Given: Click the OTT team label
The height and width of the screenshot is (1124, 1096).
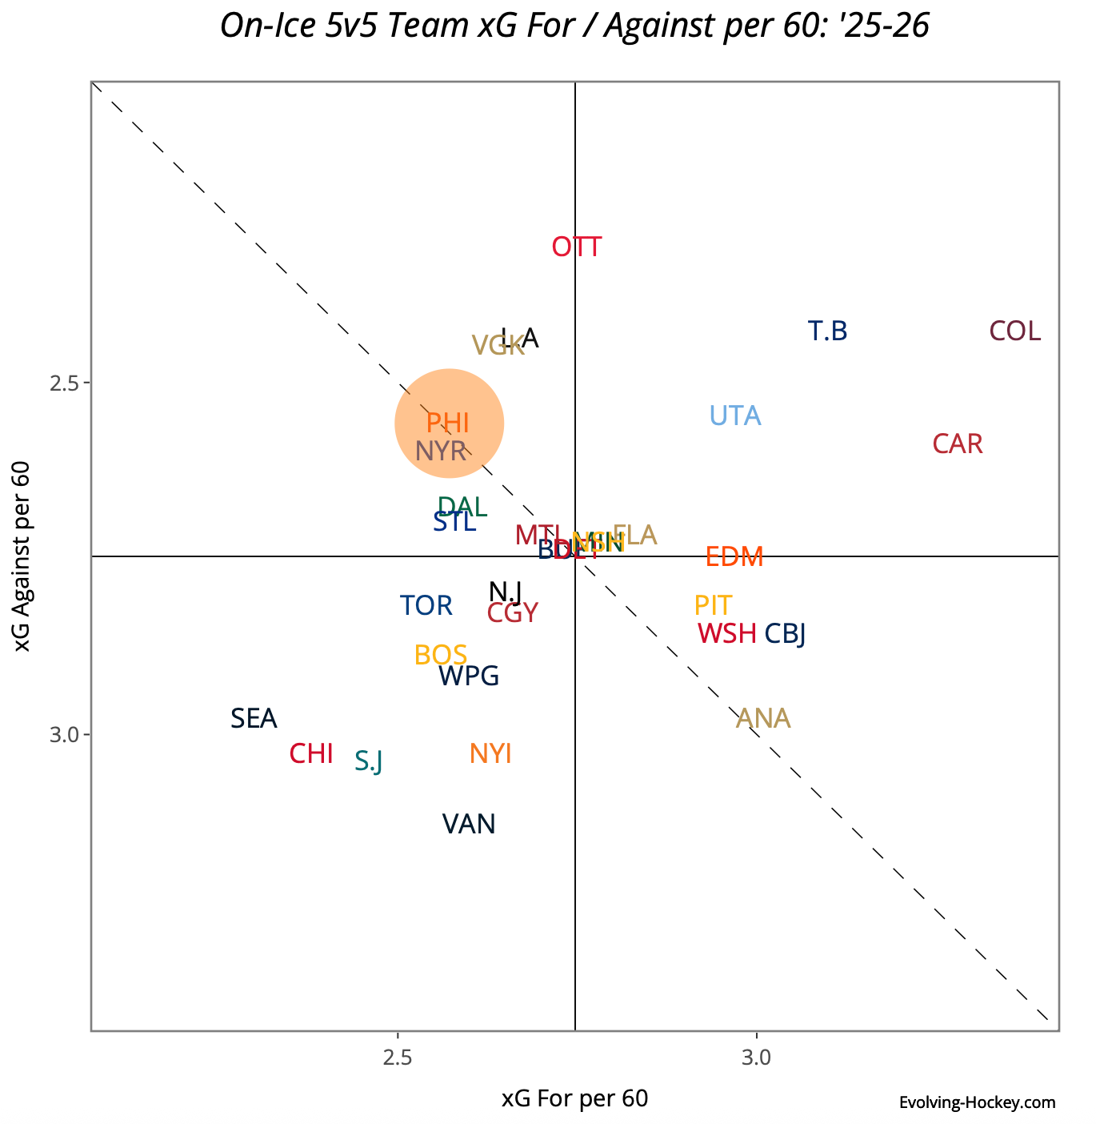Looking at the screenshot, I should click(x=577, y=247).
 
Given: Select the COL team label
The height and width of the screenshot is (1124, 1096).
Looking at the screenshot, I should click(x=1015, y=331).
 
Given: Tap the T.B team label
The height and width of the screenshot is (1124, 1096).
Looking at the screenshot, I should click(x=827, y=331).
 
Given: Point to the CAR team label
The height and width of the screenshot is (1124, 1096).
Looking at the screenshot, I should click(x=958, y=444).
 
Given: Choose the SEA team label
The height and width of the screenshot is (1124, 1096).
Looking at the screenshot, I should click(x=254, y=719).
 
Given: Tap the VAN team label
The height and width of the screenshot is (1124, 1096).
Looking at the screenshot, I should click(x=469, y=825).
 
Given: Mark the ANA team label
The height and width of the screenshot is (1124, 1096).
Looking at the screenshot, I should click(x=763, y=719).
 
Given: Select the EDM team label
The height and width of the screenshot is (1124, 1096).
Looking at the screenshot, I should click(x=734, y=557).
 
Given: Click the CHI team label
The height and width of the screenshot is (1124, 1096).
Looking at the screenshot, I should click(x=311, y=754).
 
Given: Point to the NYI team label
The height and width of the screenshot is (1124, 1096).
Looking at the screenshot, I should click(x=490, y=754).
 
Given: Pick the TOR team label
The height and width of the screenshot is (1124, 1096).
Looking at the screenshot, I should click(x=426, y=606).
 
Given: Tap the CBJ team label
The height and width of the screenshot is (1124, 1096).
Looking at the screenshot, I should click(x=785, y=634).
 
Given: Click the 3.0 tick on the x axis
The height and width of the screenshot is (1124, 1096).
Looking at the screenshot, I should click(x=756, y=1058).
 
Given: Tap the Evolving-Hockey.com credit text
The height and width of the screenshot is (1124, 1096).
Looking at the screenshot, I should click(x=977, y=1103).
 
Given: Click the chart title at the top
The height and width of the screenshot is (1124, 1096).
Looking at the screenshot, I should click(x=574, y=26).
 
